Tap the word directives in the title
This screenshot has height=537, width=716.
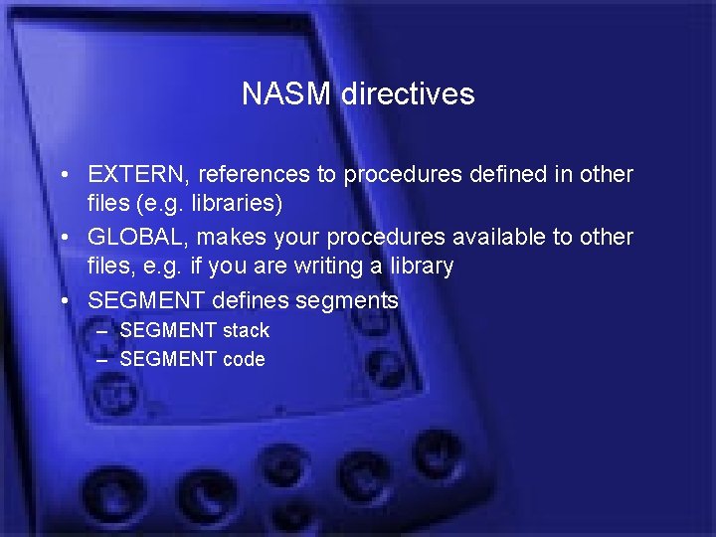coord(408,94)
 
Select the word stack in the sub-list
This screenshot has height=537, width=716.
coord(246,330)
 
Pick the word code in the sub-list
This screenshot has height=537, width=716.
coord(244,360)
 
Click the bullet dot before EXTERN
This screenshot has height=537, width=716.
coord(63,176)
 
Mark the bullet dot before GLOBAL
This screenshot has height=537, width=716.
coord(63,239)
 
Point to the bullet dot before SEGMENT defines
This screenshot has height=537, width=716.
coord(63,301)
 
